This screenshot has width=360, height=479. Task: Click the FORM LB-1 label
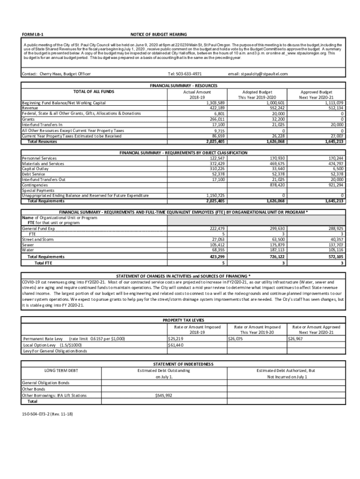click(x=30, y=35)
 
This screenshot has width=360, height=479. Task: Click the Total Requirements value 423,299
click(x=216, y=257)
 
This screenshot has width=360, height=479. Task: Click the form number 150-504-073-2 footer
click(x=48, y=414)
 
